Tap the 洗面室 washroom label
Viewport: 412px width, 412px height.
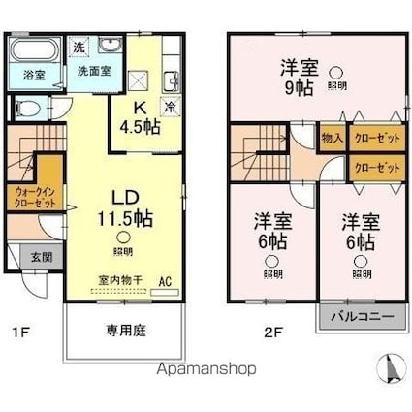point(86,71)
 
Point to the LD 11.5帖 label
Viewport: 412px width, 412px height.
point(123,206)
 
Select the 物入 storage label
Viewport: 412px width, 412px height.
point(332,139)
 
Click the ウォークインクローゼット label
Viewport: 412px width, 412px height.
point(36,197)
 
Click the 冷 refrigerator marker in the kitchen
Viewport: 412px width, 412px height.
point(171,108)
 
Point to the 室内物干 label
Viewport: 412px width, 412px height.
point(118,280)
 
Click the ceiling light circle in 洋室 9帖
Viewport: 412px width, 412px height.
point(335,71)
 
